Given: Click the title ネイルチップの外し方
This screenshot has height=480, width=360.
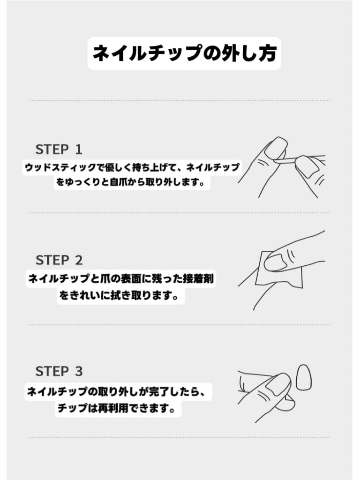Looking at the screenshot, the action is pyautogui.click(x=184, y=53).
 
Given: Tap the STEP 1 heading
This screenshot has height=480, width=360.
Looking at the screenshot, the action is pyautogui.click(x=59, y=150).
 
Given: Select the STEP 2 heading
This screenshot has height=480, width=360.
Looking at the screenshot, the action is pyautogui.click(x=59, y=260).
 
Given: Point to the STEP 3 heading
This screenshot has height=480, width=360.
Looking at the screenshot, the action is pyautogui.click(x=59, y=371).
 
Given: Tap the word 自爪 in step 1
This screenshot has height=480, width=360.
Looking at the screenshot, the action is pyautogui.click(x=118, y=182).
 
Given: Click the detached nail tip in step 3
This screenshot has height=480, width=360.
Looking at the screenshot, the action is pyautogui.click(x=304, y=377).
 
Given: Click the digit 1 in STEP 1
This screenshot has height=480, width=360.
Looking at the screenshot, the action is pyautogui.click(x=79, y=150).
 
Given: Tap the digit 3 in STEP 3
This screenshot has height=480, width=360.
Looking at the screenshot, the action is pyautogui.click(x=79, y=371).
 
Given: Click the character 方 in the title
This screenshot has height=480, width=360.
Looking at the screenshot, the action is pyautogui.click(x=267, y=53).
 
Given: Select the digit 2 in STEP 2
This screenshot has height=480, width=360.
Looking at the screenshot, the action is pyautogui.click(x=79, y=260).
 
